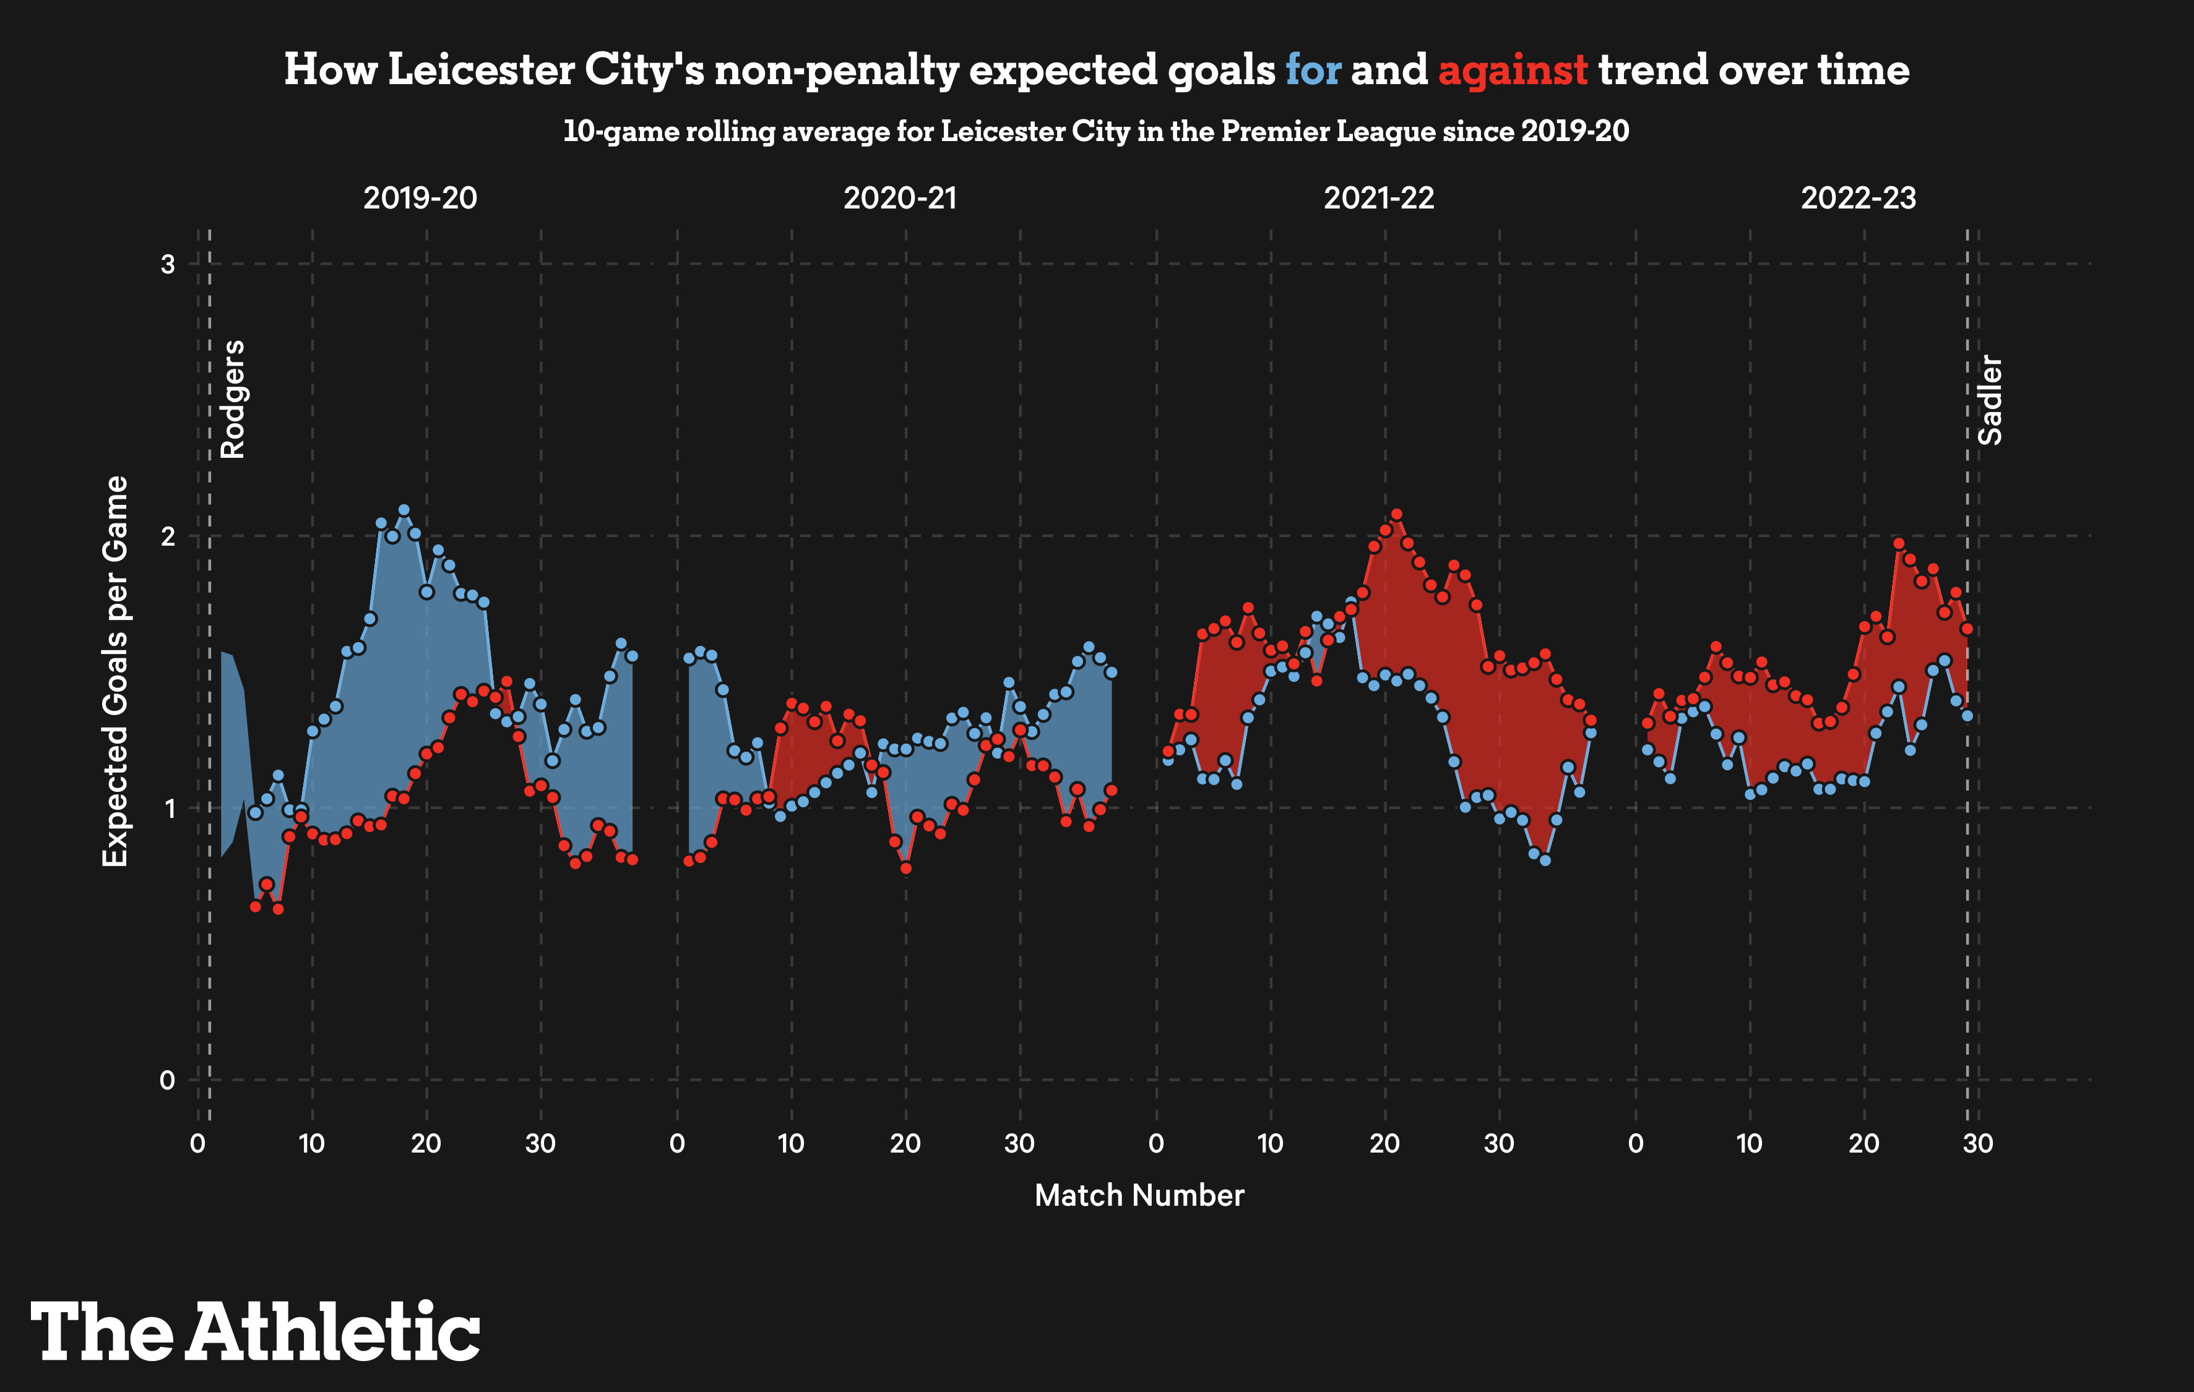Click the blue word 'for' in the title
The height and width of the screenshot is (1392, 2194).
click(x=1313, y=70)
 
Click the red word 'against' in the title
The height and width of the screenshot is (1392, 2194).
click(x=1513, y=70)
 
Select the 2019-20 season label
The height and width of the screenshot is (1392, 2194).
click(x=420, y=198)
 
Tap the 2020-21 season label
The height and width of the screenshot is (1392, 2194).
click(x=900, y=198)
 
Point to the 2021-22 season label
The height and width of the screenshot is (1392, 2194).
click(x=1378, y=198)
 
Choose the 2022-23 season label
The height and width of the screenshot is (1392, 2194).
click(x=1859, y=198)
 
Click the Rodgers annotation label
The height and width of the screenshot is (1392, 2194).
click(x=233, y=399)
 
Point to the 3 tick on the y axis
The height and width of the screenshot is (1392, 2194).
click(x=168, y=264)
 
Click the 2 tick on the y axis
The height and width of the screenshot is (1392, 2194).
click(x=168, y=536)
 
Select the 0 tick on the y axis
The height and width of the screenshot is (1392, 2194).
click(x=168, y=1080)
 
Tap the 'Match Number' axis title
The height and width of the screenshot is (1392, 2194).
click(x=1139, y=1195)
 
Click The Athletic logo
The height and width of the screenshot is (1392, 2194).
click(x=255, y=1332)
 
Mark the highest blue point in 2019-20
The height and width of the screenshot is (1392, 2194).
click(x=404, y=510)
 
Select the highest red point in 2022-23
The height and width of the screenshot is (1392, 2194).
click(x=1899, y=544)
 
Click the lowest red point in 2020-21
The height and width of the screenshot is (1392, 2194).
click(x=905, y=868)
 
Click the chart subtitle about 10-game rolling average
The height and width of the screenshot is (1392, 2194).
click(x=1096, y=131)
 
